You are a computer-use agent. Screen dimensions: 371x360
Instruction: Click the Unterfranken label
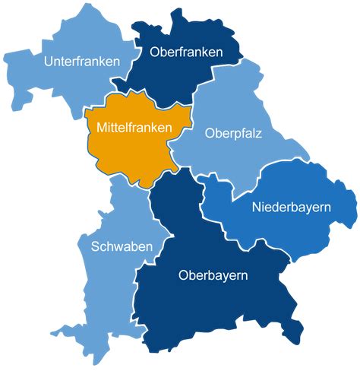click(x=82, y=61)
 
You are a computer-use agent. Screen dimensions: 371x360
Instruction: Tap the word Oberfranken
click(x=186, y=52)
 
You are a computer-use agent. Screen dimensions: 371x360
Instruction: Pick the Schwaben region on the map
click(x=106, y=289)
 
